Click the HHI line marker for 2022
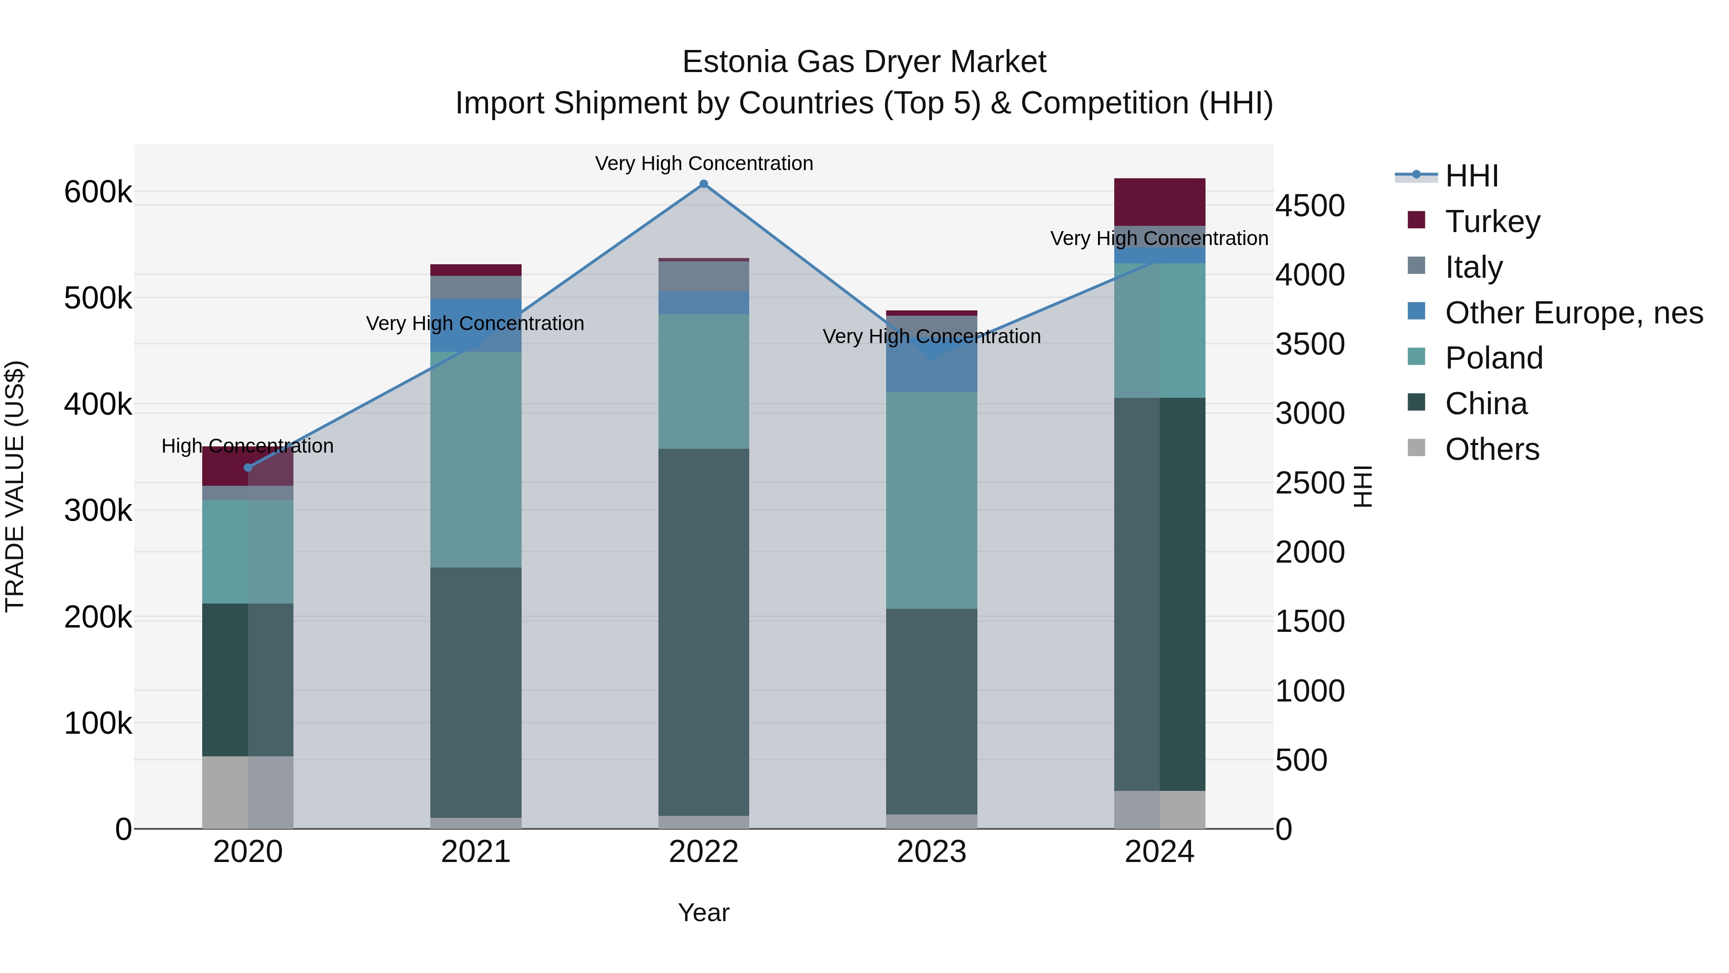(704, 184)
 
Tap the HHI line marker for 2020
(248, 468)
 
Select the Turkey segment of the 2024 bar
(1159, 201)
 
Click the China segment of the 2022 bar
(704, 631)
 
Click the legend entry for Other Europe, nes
(1572, 312)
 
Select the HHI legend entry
(1471, 176)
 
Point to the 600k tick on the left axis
(98, 192)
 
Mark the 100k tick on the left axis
(98, 723)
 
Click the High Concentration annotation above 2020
(248, 446)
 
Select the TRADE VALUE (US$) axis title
(15, 486)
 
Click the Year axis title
(704, 912)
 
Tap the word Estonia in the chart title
(734, 62)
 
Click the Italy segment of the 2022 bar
(704, 276)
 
